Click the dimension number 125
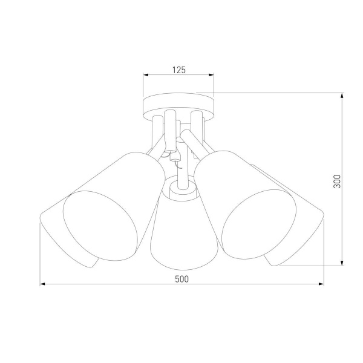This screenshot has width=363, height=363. [178, 70]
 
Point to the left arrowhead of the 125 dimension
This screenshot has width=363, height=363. [146, 76]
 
